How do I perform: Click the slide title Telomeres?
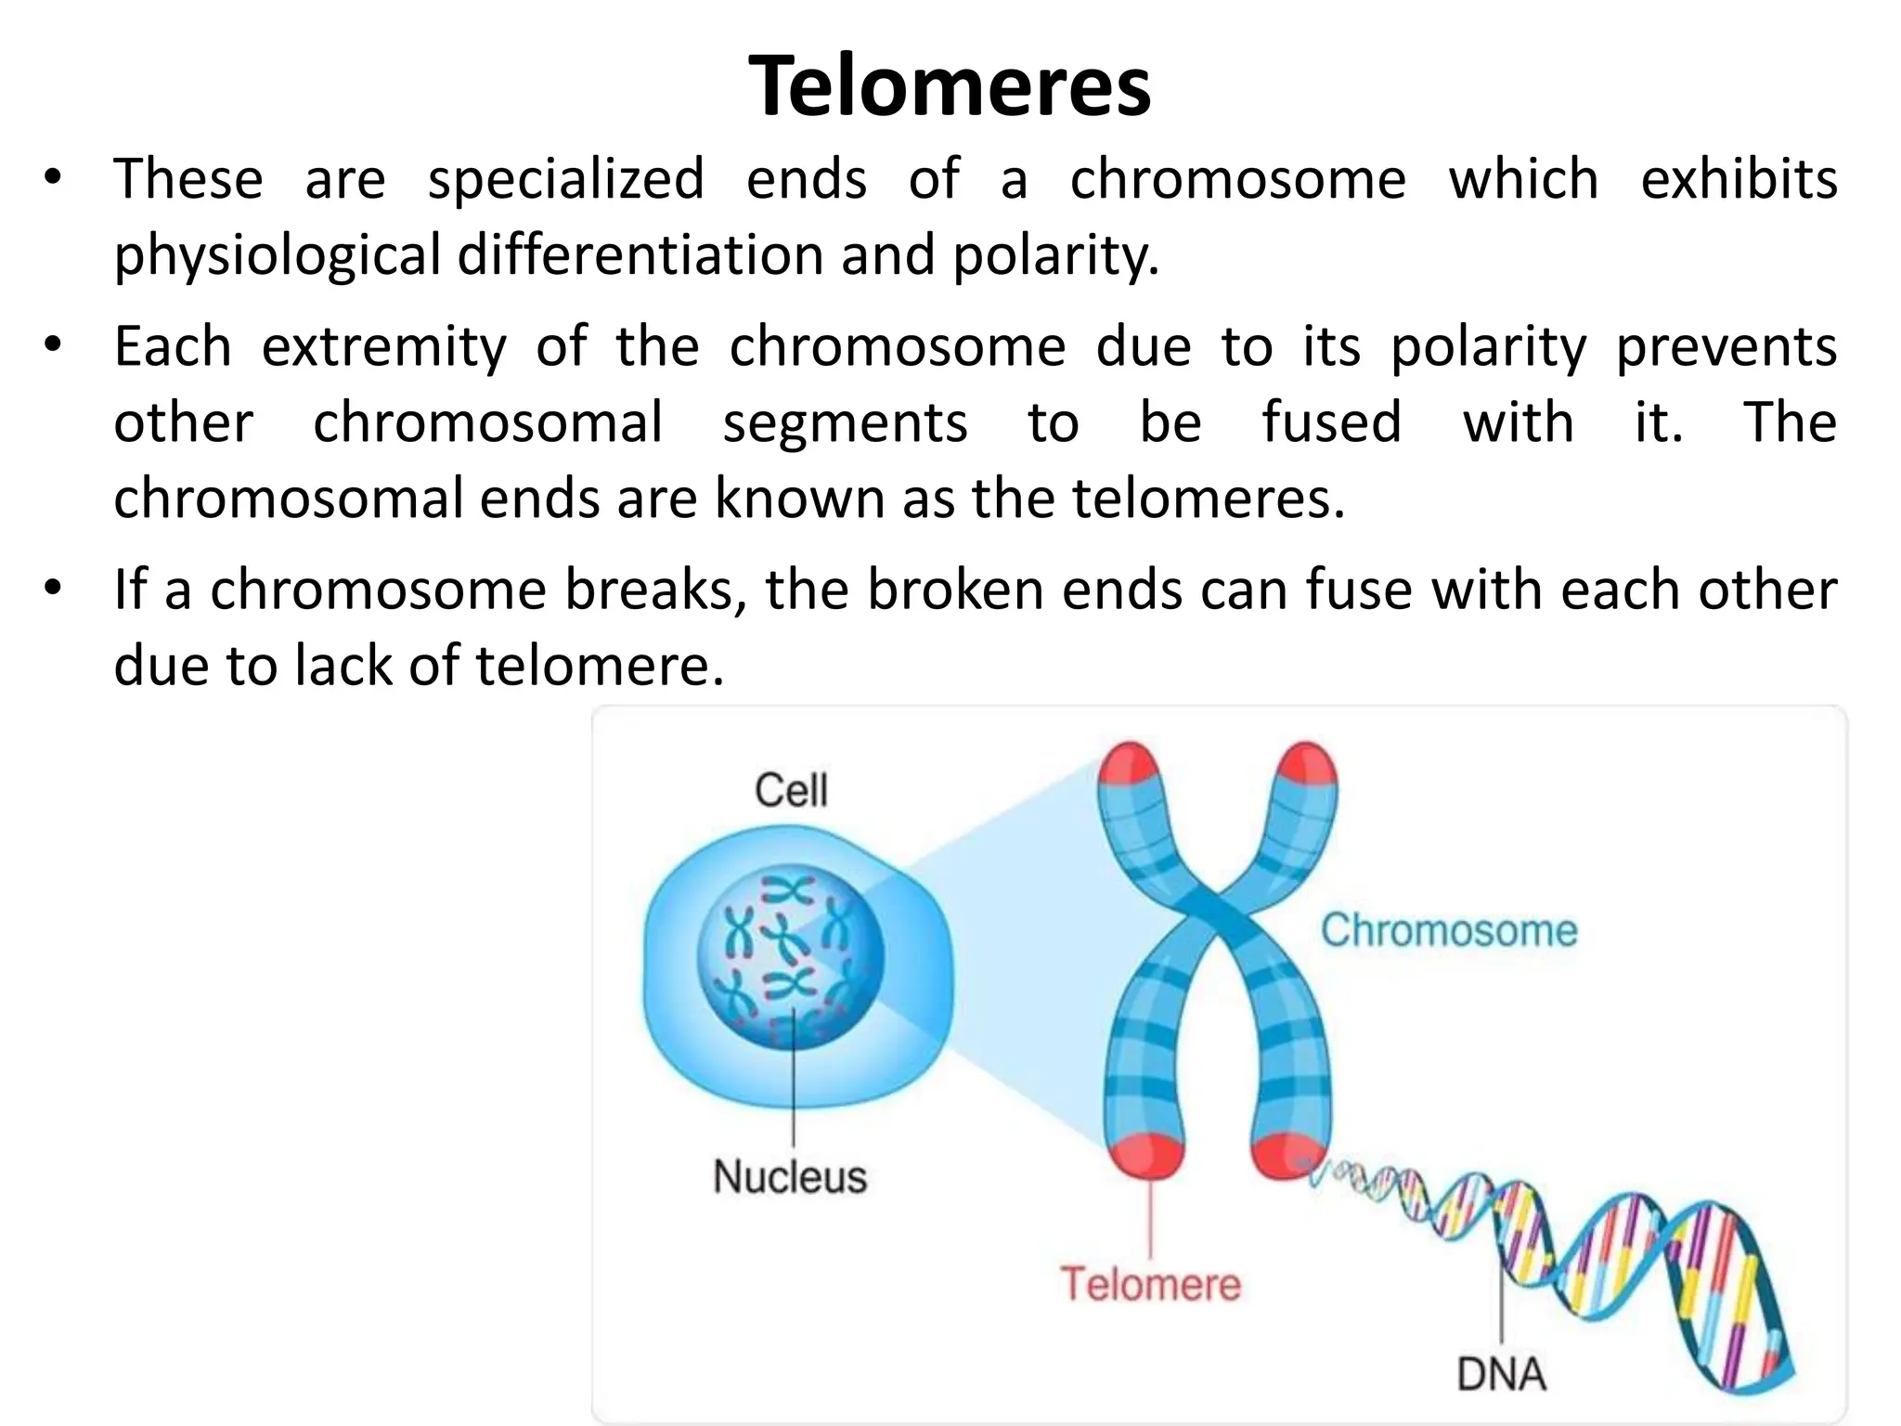pos(950,85)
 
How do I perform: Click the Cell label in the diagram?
pos(790,791)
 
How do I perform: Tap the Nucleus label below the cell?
pos(790,1177)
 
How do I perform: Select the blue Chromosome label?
pos(1449,930)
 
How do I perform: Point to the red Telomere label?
pos(1150,1285)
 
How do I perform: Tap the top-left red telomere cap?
pos(1127,765)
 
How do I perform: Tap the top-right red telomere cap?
pos(1307,765)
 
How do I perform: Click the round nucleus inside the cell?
pos(791,957)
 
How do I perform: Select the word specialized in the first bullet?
pos(565,178)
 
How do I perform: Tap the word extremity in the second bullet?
pos(384,346)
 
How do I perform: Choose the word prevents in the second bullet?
pos(1726,346)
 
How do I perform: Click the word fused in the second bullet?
pos(1331,422)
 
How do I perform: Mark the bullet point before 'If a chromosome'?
pos(52,588)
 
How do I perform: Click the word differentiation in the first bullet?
pos(640,254)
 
